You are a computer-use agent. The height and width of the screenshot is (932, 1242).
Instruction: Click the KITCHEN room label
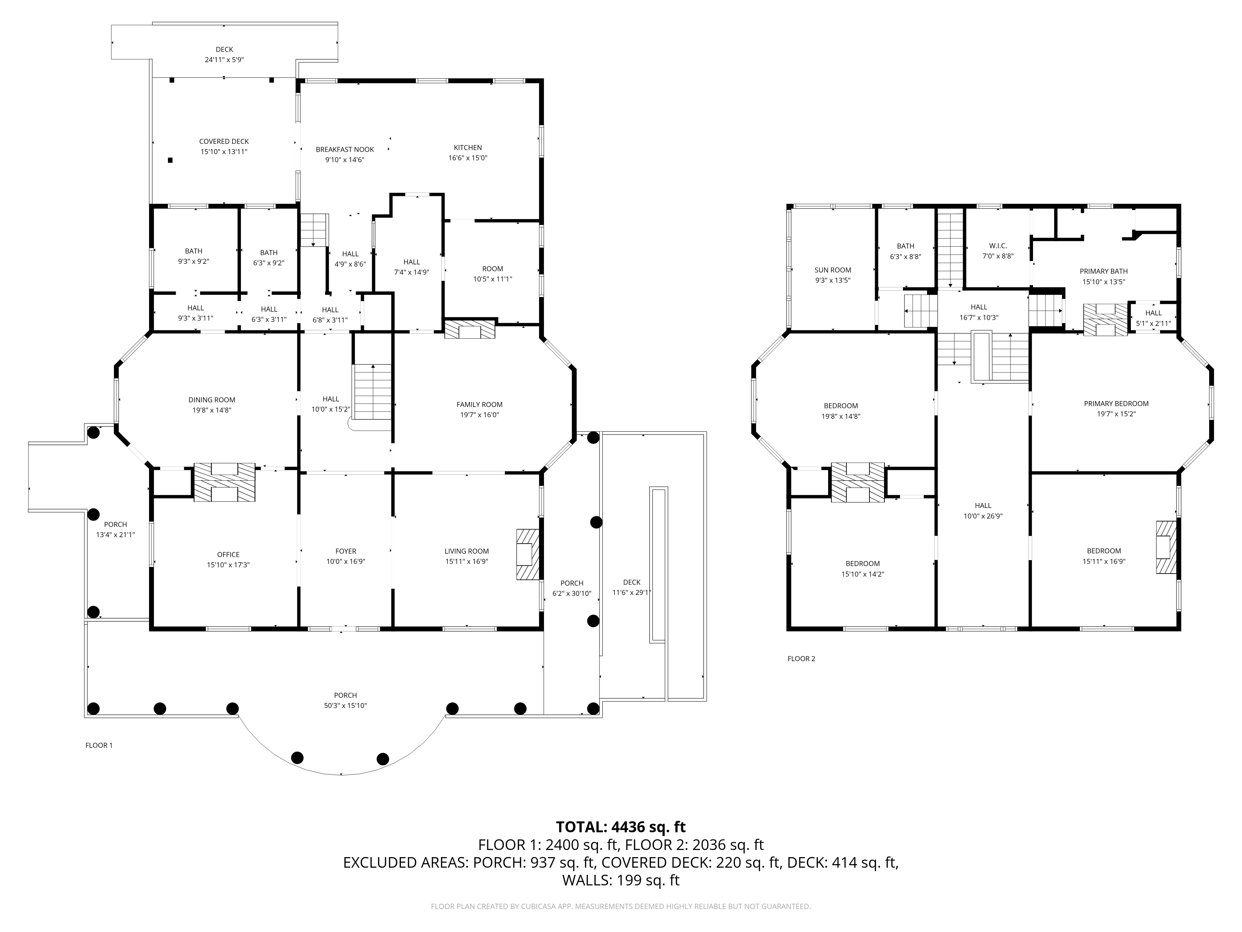468,148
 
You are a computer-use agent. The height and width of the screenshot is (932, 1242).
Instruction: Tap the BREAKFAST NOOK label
345,149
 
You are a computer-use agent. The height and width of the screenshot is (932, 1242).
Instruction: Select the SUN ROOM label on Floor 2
833,270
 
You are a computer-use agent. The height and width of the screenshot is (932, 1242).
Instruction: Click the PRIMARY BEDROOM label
1116,403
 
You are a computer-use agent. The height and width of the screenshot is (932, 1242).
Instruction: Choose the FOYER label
346,551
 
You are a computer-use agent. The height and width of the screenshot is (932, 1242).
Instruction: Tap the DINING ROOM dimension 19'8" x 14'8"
212,410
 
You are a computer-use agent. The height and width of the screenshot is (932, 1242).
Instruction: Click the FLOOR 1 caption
99,746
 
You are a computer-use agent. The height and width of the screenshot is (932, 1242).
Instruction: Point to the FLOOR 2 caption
801,658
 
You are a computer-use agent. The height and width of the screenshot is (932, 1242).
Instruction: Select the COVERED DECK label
224,142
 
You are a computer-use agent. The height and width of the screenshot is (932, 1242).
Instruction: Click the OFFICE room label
229,555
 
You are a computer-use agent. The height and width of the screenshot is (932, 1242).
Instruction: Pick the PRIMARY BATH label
1104,271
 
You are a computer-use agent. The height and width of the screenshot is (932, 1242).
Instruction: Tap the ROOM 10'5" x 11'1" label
492,274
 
